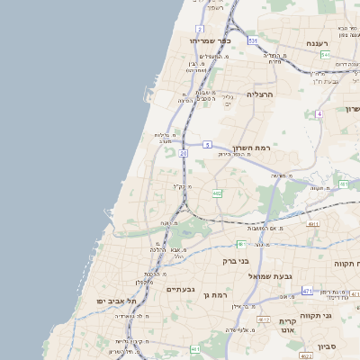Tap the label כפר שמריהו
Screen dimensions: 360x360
(x=211, y=40)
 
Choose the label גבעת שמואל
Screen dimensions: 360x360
(x=266, y=275)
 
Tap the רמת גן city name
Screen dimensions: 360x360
(x=218, y=295)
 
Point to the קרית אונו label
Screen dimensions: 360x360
(x=286, y=327)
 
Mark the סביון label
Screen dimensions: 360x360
(x=328, y=345)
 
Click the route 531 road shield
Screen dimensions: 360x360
(x=253, y=40)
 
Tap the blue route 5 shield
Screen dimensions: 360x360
(x=207, y=144)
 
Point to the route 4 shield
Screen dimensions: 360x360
(x=319, y=114)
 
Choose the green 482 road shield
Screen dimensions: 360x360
(x=217, y=193)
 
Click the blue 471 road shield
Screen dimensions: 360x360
(x=307, y=291)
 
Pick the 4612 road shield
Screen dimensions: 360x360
(x=264, y=319)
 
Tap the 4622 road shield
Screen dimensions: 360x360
(x=306, y=356)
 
